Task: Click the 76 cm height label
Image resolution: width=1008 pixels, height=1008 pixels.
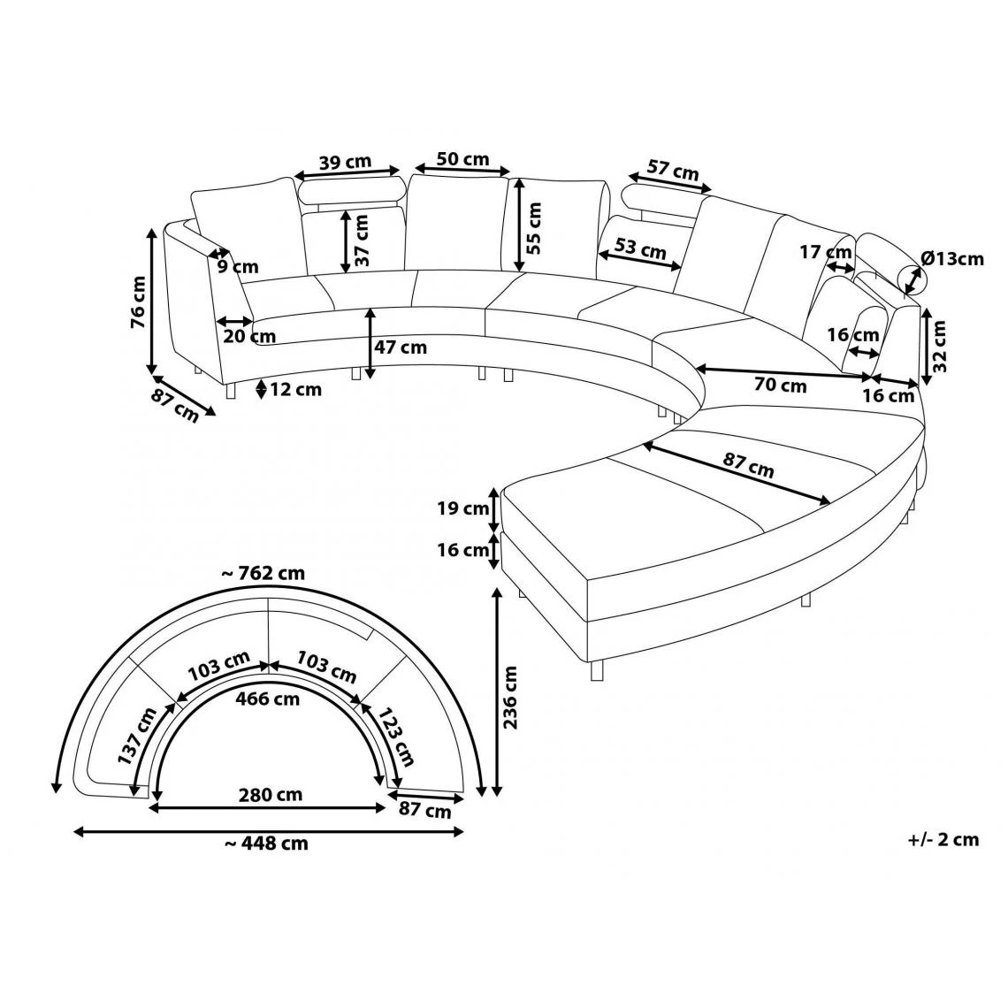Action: click(138, 302)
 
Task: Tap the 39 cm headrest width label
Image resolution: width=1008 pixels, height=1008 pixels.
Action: click(346, 161)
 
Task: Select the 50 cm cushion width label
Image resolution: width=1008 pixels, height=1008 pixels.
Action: click(462, 159)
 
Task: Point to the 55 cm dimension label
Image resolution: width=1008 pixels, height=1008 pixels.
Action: click(533, 228)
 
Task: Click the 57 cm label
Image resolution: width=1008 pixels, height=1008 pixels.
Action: click(672, 171)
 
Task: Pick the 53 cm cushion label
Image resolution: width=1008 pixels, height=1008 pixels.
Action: click(640, 248)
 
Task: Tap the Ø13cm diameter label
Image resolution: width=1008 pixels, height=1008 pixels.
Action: click(952, 258)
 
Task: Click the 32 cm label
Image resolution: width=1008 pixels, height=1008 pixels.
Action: click(939, 347)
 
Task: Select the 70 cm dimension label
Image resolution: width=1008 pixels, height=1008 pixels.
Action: click(781, 385)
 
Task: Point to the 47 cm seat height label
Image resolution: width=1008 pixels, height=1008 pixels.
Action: click(401, 347)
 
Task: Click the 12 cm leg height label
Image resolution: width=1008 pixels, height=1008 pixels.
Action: click(295, 389)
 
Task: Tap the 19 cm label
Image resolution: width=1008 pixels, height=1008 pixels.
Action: click(462, 508)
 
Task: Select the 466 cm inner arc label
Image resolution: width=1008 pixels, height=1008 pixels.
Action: click(269, 698)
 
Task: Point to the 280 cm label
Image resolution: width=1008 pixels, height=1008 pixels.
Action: click(271, 795)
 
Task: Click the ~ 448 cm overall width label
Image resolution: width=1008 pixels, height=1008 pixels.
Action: click(266, 843)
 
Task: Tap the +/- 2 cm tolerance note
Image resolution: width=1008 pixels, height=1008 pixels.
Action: click(943, 840)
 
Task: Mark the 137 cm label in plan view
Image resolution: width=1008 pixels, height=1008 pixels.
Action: click(137, 736)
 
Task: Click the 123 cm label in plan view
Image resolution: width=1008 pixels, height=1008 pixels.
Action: click(395, 737)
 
